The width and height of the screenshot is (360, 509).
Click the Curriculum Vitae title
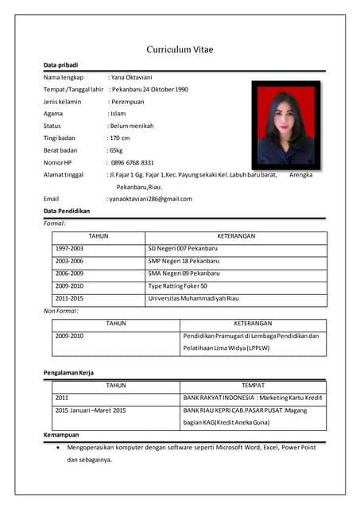(180, 49)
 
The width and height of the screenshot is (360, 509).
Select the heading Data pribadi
(60, 64)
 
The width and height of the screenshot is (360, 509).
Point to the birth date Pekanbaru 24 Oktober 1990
(149, 89)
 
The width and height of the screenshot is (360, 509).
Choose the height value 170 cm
(119, 138)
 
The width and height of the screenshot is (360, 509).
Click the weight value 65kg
(116, 150)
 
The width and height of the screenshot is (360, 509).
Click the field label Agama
(53, 114)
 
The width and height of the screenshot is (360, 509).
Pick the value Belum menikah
(131, 126)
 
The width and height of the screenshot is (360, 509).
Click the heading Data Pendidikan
(67, 211)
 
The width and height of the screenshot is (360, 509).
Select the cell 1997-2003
(69, 249)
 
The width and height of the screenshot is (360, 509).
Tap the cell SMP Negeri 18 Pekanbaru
(183, 261)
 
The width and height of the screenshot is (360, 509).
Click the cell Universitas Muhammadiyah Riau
(193, 298)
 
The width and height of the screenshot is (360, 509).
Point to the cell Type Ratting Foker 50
(178, 286)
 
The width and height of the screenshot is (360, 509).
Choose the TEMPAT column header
(253, 385)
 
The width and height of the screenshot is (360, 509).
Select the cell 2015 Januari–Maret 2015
(91, 410)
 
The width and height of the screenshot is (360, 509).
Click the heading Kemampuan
(62, 435)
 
